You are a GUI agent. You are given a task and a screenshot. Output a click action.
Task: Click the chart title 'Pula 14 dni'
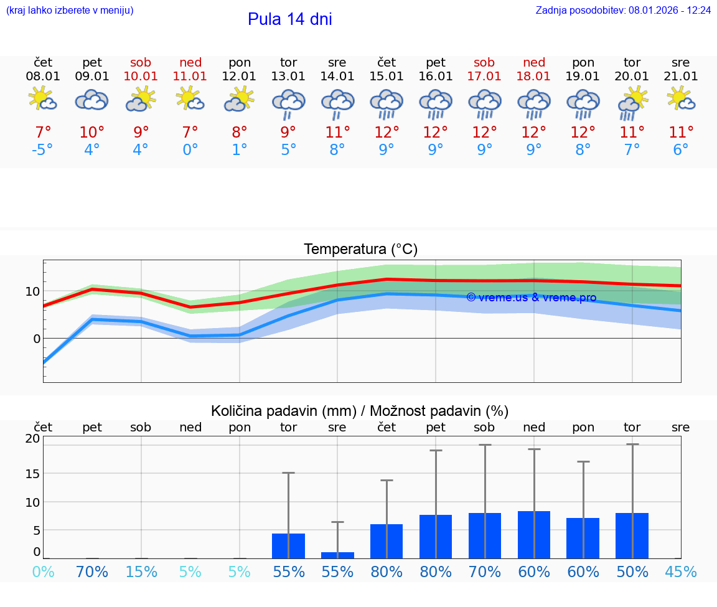pyautogui.click(x=289, y=19)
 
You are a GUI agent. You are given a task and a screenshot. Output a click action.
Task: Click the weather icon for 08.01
pyautogui.click(x=42, y=99)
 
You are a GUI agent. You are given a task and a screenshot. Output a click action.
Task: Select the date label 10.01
pyautogui.click(x=141, y=77)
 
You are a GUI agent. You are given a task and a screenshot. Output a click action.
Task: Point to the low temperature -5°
pyautogui.click(x=42, y=151)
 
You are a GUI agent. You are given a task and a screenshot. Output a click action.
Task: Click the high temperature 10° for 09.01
pyautogui.click(x=91, y=133)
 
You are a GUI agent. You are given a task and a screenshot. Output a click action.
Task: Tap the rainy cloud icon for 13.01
pyautogui.click(x=288, y=103)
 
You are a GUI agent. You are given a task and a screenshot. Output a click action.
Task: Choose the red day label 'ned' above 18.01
pyautogui.click(x=533, y=62)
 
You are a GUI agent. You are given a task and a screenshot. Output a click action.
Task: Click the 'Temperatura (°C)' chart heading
pyautogui.click(x=360, y=250)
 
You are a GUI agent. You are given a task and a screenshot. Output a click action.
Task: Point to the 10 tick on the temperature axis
pyautogui.click(x=32, y=291)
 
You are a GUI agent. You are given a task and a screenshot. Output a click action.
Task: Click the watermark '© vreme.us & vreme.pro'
pyautogui.click(x=531, y=298)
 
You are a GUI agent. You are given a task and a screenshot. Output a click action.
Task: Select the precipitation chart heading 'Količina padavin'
pyautogui.click(x=360, y=411)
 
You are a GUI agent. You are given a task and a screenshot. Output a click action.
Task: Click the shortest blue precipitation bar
pyautogui.click(x=337, y=555)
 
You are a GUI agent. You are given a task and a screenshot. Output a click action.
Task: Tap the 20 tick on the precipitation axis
pyautogui.click(x=32, y=438)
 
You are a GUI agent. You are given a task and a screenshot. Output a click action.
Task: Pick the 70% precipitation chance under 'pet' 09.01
pyautogui.click(x=91, y=572)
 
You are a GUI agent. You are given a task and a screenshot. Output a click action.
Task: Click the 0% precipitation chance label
pyautogui.click(x=42, y=572)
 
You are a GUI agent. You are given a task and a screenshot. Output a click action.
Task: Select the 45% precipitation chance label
pyautogui.click(x=681, y=572)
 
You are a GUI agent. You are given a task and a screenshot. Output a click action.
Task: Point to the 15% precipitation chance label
pyautogui.click(x=141, y=572)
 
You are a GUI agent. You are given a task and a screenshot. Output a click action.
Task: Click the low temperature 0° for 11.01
pyautogui.click(x=190, y=151)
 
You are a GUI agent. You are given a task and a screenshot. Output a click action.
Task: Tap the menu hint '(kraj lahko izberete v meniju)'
pyautogui.click(x=70, y=11)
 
